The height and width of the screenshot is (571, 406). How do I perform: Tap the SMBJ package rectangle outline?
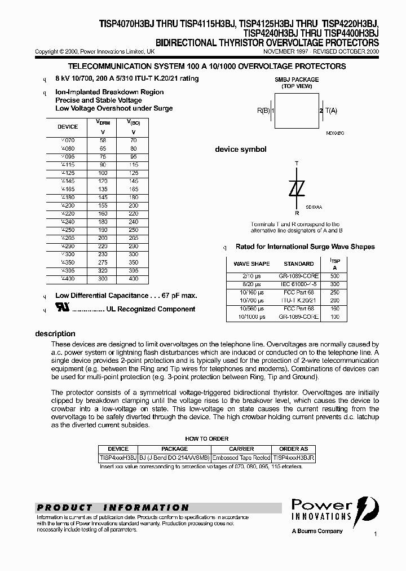pyautogui.click(x=297, y=111)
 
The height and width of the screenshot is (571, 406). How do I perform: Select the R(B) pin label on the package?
pyautogui.click(x=265, y=111)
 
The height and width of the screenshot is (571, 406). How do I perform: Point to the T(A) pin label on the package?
pyautogui.click(x=330, y=111)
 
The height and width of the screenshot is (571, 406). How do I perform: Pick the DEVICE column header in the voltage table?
pyautogui.click(x=68, y=127)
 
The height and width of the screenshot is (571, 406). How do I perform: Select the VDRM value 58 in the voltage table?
pyautogui.click(x=102, y=139)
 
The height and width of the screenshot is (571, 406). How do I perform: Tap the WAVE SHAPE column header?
pyautogui.click(x=251, y=263)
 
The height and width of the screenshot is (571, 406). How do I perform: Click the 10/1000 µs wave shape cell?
pyautogui.click(x=251, y=317)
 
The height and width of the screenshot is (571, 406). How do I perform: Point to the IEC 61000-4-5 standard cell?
pyautogui.click(x=299, y=284)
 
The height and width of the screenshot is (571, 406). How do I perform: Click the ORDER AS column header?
pyautogui.click(x=293, y=449)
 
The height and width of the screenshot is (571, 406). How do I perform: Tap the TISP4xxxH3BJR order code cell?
pyautogui.click(x=293, y=458)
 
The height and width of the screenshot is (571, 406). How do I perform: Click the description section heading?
pyautogui.click(x=55, y=333)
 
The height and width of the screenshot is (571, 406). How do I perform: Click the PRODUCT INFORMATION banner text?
pyautogui.click(x=112, y=507)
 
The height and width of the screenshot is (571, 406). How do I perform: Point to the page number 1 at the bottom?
pyautogui.click(x=375, y=533)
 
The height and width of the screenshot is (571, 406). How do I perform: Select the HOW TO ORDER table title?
pyautogui.click(x=207, y=438)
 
